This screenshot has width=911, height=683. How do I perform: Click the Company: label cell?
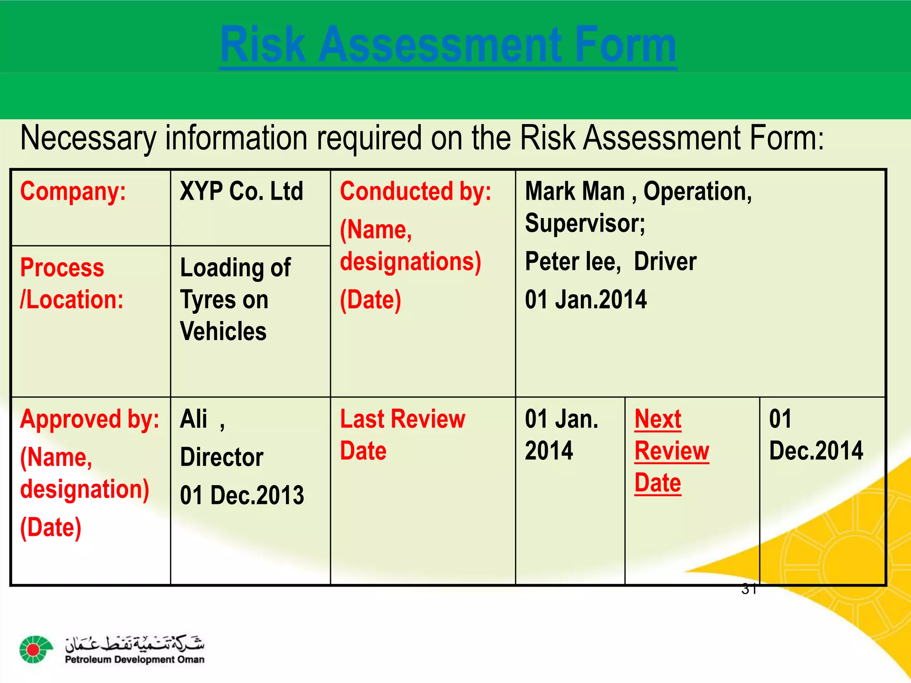(x=73, y=192)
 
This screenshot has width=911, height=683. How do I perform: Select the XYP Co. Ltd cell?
(x=242, y=192)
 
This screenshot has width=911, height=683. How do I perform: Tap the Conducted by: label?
(x=415, y=192)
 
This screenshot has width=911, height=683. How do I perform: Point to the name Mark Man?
(x=575, y=192)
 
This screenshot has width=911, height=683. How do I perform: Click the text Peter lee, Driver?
(x=610, y=261)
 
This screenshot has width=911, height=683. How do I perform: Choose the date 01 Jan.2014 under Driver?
(x=585, y=300)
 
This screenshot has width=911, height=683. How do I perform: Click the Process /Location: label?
(x=71, y=284)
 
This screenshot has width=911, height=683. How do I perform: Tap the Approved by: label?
(x=89, y=419)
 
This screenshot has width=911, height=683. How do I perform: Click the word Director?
(x=222, y=458)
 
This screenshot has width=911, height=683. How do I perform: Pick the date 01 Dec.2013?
(x=242, y=495)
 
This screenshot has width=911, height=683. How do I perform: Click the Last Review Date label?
(x=402, y=435)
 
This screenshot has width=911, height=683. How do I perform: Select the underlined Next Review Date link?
(x=671, y=451)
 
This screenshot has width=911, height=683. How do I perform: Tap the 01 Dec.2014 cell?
(x=815, y=435)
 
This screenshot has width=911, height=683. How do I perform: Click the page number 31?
(x=749, y=589)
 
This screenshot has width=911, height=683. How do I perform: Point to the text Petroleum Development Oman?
(x=134, y=659)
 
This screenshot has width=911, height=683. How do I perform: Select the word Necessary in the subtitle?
(x=88, y=138)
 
